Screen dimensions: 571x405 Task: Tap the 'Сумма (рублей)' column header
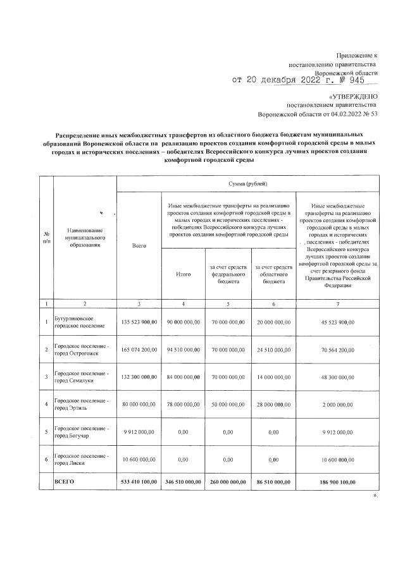247,183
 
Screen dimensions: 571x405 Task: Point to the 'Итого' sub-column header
183,274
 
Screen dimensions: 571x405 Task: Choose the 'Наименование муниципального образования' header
84,237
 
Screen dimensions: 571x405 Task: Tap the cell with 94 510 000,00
183,349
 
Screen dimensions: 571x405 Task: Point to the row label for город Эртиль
82,403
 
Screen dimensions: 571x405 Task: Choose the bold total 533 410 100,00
139,482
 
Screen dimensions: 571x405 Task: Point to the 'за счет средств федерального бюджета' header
228,274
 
